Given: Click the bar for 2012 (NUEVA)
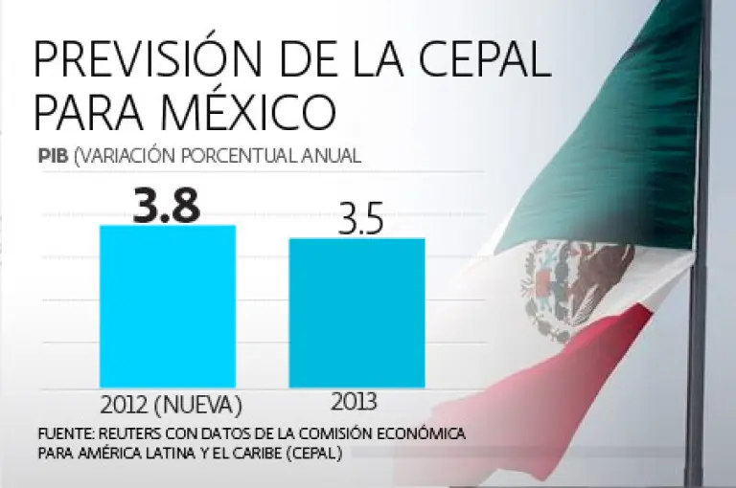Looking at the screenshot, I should (168, 305).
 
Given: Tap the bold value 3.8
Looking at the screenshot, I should (168, 205).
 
